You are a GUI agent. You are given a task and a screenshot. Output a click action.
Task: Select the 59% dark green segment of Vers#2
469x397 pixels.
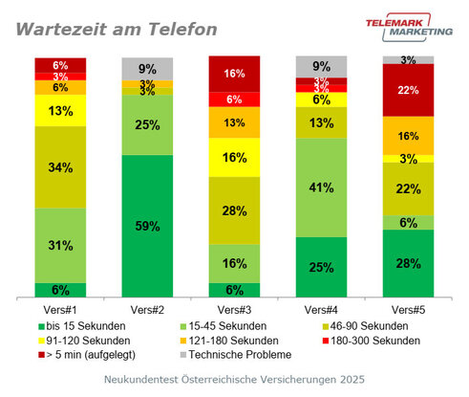147,227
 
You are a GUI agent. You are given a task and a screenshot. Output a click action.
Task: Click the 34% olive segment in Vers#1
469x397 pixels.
60,167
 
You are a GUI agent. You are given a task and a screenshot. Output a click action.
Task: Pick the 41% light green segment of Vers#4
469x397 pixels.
321,187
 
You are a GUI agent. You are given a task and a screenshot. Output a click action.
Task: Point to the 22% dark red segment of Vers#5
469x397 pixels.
408,90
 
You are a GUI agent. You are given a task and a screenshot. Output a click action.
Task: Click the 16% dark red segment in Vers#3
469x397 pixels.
234,74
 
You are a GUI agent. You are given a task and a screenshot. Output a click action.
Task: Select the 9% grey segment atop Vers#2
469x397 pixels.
147,69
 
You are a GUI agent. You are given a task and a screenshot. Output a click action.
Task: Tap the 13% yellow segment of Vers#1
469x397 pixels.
60,110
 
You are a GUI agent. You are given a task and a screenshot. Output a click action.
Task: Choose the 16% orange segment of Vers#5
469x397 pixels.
408,136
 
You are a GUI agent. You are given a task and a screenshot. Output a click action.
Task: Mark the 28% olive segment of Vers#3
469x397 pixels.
234,210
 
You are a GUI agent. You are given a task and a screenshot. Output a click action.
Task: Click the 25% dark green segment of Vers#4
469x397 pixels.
321,267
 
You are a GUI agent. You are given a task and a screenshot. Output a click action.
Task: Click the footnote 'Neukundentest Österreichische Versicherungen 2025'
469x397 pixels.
235,380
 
